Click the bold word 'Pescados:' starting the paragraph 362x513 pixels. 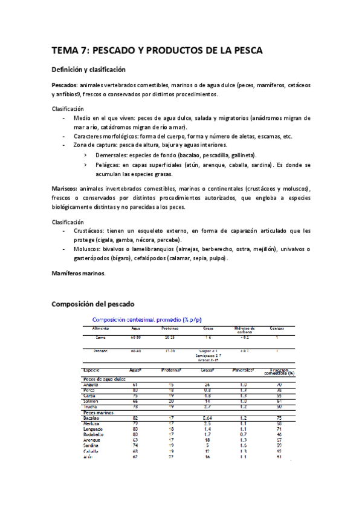(65, 85)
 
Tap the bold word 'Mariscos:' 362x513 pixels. (65, 189)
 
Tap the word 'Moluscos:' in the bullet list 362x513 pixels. (89, 249)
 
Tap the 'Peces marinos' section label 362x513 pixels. (99, 411)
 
